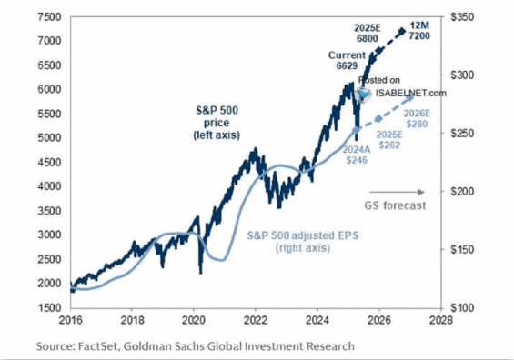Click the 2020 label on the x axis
[x=194, y=321]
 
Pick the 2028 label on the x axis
[x=441, y=321]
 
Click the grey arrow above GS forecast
[x=409, y=192]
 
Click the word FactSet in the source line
[x=98, y=346]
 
